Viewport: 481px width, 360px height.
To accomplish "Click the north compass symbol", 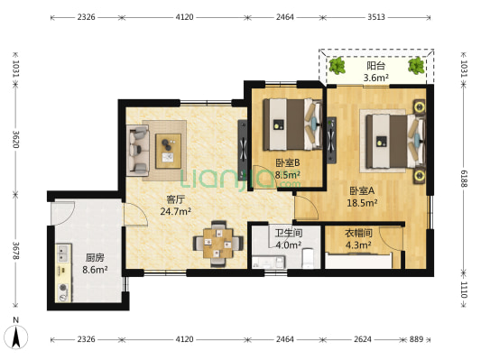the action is (16, 337).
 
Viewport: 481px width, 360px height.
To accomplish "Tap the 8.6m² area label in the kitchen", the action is (95, 270).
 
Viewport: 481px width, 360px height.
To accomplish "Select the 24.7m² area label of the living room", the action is (176, 211).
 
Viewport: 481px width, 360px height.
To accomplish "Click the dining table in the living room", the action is (218, 243).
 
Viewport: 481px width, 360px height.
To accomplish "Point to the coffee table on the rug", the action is (168, 151).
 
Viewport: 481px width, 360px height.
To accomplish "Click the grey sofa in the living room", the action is (138, 151).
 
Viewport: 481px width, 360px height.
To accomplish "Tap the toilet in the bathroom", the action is (308, 259).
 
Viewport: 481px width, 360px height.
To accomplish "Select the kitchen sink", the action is (63, 254).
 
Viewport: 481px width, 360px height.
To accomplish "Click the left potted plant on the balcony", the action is (338, 66).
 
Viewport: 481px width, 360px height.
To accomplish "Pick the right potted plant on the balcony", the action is (416, 66).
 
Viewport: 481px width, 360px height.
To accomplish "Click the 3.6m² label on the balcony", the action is (376, 78).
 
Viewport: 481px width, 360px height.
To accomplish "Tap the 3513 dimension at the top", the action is (376, 17).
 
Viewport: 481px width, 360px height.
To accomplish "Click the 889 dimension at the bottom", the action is (417, 339).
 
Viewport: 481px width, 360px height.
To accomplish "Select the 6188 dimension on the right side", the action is (464, 179).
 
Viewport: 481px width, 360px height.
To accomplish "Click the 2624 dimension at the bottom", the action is (363, 339).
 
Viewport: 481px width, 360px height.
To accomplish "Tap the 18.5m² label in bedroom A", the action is (362, 203).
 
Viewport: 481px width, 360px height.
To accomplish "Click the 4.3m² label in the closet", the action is (358, 245).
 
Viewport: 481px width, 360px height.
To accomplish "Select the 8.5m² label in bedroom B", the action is (288, 175).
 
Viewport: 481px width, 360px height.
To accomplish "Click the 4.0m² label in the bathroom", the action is (288, 245).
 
